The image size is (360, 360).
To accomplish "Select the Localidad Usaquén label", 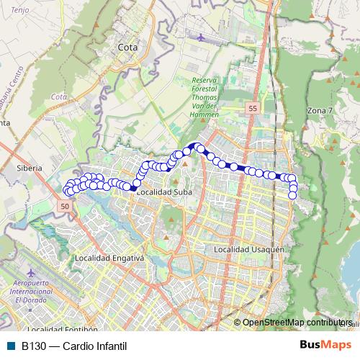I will pos(251,249).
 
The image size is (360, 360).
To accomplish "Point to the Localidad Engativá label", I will pos(109,257).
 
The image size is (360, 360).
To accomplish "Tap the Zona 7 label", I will pos(320,111).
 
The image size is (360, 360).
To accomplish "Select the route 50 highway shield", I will pos(64,207).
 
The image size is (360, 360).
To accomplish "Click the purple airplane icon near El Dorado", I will pos(32,274).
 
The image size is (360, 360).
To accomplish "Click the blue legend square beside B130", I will pos(9,345).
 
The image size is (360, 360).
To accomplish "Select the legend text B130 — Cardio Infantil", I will pos(71,345).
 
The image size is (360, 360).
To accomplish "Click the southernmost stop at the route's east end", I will pos(292,195).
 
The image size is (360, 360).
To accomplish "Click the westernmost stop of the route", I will pos(68,191).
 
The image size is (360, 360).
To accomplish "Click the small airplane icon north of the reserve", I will pos(200,35).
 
